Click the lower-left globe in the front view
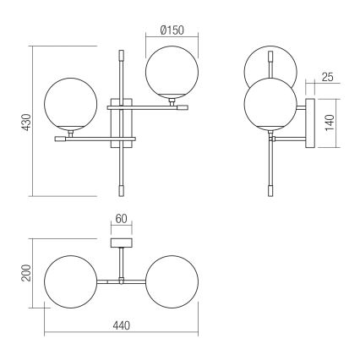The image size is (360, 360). pos(68,105)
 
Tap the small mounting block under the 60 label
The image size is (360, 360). pos(123,243)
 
